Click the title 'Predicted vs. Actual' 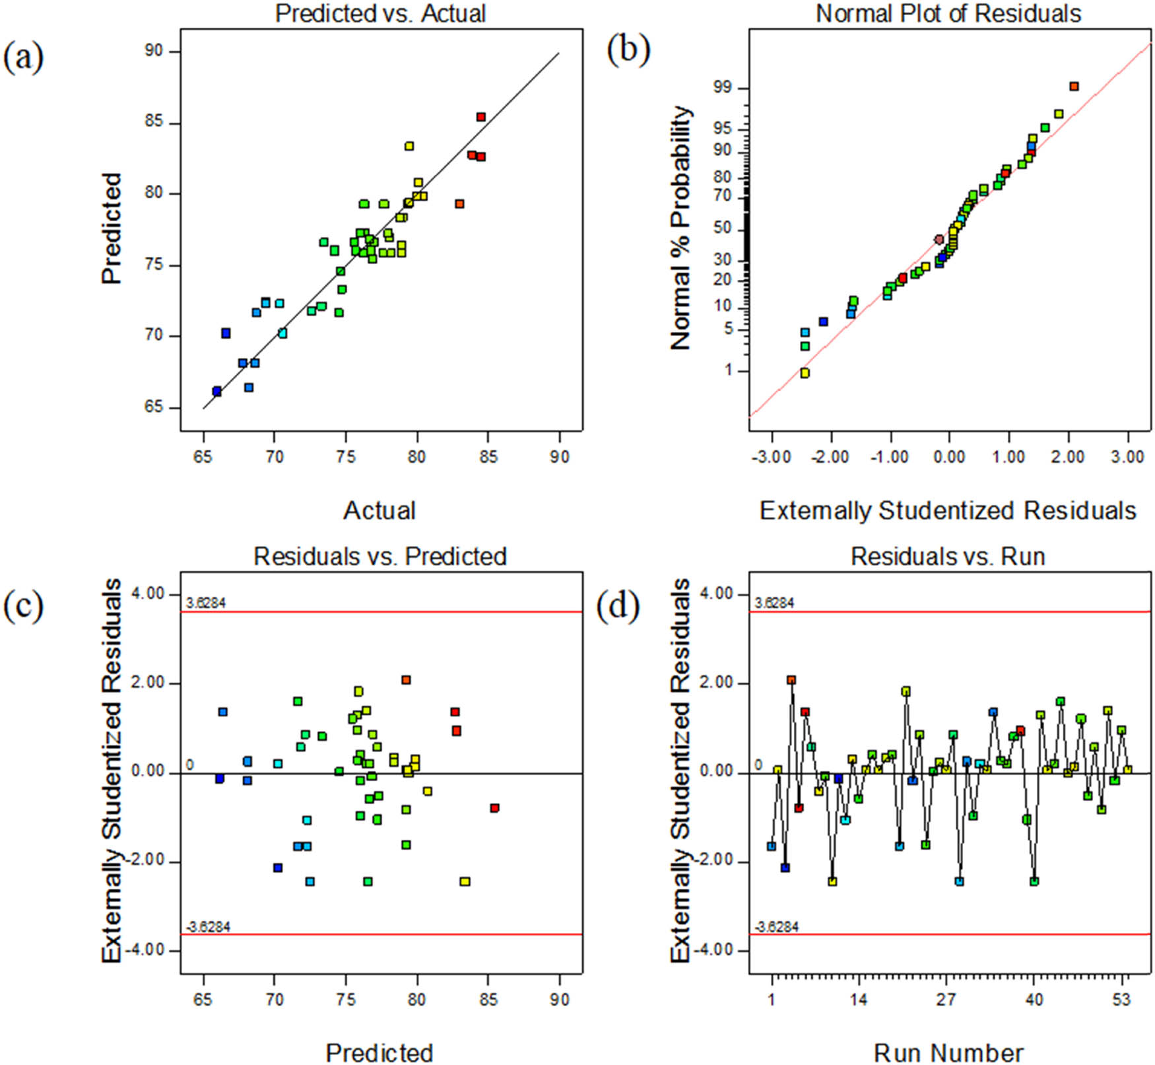tap(380, 13)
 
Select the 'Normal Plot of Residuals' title tap(948, 13)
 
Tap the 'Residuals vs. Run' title tap(948, 557)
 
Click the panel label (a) tap(24, 57)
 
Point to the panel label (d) tap(618, 606)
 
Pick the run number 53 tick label tap(1122, 999)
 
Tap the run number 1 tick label tap(772, 999)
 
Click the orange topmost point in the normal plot tap(1074, 86)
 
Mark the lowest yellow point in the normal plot tap(805, 373)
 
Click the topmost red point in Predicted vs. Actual tap(481, 117)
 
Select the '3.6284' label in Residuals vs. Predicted tap(206, 603)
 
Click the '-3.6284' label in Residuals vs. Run tap(777, 927)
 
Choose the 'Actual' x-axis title tap(379, 510)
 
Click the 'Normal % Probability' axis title tap(680, 228)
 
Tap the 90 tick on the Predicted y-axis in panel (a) tap(153, 51)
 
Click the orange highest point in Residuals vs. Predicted tap(406, 680)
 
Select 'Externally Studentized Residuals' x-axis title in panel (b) tap(948, 510)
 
